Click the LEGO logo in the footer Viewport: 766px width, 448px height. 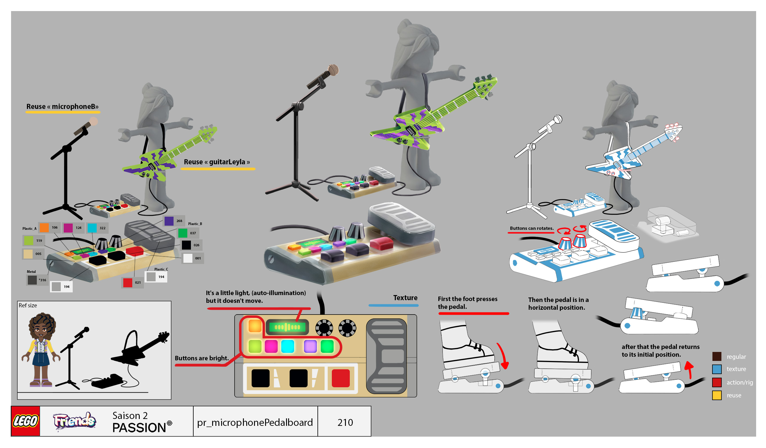pos(25,421)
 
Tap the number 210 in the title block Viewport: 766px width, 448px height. pos(345,422)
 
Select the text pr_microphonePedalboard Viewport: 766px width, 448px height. pos(255,422)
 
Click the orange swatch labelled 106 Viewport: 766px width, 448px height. pos(44,227)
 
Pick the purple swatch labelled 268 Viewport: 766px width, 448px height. pos(169,221)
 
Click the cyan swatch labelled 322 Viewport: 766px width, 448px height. pos(92,228)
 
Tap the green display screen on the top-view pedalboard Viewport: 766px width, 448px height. pos(287,327)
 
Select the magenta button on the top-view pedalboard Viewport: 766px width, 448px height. pos(271,347)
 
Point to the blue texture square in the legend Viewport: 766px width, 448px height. pos(717,369)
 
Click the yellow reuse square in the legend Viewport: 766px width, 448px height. pos(717,395)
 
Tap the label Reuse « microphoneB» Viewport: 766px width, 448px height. pos(62,106)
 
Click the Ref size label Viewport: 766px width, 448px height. pos(28,305)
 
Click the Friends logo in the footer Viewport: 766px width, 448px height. pos(75,421)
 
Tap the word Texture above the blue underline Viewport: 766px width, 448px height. pos(405,297)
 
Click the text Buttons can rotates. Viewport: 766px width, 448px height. pos(532,228)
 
